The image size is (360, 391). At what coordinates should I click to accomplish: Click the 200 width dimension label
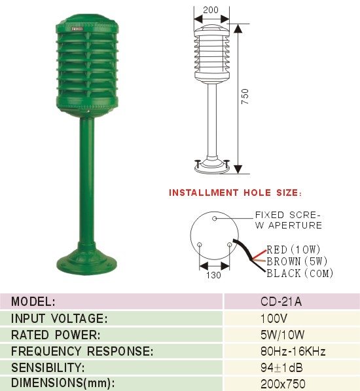click(x=211, y=10)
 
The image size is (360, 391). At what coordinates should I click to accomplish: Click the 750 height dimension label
click(x=245, y=96)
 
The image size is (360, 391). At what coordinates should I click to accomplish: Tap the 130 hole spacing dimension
click(x=213, y=275)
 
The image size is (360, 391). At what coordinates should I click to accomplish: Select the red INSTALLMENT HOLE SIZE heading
click(x=235, y=193)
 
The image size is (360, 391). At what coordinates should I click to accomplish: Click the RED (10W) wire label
click(x=293, y=250)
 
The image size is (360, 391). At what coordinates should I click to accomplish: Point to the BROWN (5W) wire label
click(x=297, y=261)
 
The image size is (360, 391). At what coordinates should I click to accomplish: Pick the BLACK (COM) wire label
click(x=300, y=273)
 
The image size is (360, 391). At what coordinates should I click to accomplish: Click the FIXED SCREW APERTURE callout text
click(x=289, y=220)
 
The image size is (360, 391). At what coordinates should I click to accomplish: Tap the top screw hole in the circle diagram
click(x=214, y=219)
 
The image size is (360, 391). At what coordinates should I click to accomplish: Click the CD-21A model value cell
click(x=281, y=302)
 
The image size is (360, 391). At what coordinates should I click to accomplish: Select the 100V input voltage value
click(x=274, y=318)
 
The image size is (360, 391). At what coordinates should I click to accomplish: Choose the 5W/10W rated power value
click(x=282, y=335)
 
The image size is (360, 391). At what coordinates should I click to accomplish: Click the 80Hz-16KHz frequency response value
click(x=293, y=351)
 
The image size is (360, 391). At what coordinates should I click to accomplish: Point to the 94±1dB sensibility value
click(x=281, y=367)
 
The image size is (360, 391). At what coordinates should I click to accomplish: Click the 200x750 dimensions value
click(x=283, y=384)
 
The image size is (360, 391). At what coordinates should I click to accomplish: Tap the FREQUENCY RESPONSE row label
click(x=82, y=351)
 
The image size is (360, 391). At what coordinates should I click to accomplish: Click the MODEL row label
click(x=33, y=302)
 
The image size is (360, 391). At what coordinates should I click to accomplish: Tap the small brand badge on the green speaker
click(x=77, y=29)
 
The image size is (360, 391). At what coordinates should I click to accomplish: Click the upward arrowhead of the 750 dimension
click(x=238, y=28)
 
